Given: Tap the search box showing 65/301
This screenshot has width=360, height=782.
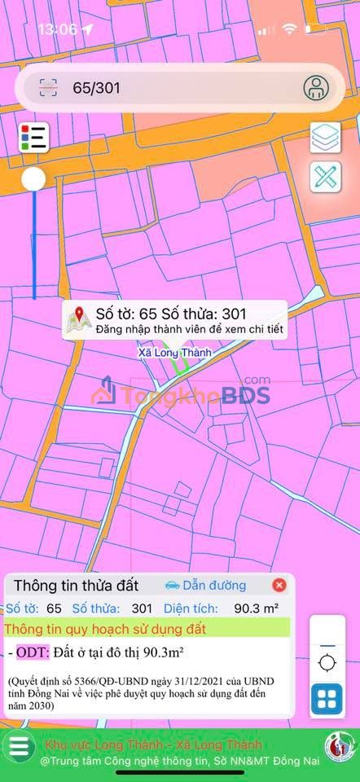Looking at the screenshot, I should point(163,88).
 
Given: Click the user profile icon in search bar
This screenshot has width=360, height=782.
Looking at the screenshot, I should point(317,88).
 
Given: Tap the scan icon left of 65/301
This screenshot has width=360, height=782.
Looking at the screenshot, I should point(48,88).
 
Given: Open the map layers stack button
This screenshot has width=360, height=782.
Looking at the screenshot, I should point(325,137).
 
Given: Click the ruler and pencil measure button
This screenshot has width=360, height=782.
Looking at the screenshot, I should point(325,178).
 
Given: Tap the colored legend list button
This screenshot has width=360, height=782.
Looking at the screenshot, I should point(33,137).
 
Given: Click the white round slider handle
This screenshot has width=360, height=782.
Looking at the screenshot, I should point(33,180).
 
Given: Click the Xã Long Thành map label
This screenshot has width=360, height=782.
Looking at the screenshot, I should point(173,353).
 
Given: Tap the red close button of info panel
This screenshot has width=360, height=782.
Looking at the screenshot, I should point(279,585).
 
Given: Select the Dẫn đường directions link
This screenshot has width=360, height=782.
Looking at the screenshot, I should point(205,585).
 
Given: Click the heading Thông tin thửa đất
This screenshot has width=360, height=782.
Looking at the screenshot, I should point(77,585).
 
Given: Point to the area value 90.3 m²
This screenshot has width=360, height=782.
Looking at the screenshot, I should point(256,608).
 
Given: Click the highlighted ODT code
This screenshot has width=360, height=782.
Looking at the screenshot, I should point(33,652).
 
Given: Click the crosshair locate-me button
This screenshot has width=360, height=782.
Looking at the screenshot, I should point(327,661).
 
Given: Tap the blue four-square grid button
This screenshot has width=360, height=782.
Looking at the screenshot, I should point(327,698).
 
